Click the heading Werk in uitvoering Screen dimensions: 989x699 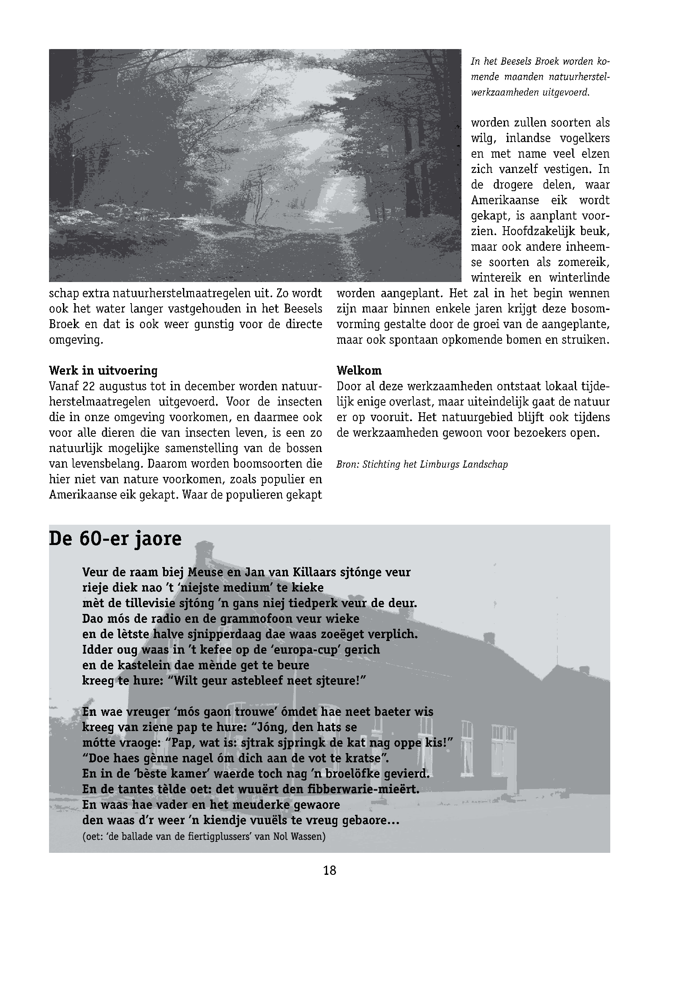[103, 370]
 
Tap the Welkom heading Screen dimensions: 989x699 [359, 370]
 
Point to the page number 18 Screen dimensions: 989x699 [329, 871]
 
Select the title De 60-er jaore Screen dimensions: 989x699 [115, 539]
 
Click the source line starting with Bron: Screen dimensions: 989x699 [422, 465]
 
